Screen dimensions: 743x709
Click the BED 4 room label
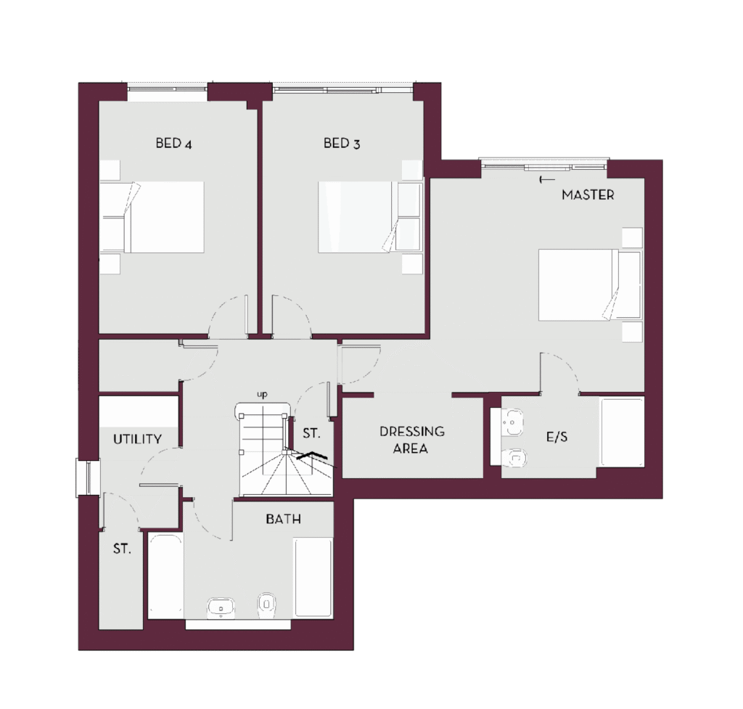(174, 143)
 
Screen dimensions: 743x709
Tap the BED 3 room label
(342, 143)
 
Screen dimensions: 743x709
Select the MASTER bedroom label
(588, 194)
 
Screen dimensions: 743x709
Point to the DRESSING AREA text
(412, 440)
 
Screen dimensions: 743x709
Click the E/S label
(557, 436)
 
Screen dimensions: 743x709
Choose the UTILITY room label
(137, 439)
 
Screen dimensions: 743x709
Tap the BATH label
(284, 519)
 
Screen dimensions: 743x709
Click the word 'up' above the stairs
(262, 394)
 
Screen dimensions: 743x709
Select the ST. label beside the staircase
(312, 433)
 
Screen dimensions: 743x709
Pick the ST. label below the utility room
(122, 549)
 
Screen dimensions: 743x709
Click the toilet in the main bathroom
(267, 605)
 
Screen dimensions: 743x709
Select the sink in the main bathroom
(221, 608)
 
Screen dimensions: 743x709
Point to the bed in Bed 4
(152, 217)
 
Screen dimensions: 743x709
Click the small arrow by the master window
(547, 180)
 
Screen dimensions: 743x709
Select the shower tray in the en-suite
(622, 433)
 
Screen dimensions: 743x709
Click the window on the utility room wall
(88, 478)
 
